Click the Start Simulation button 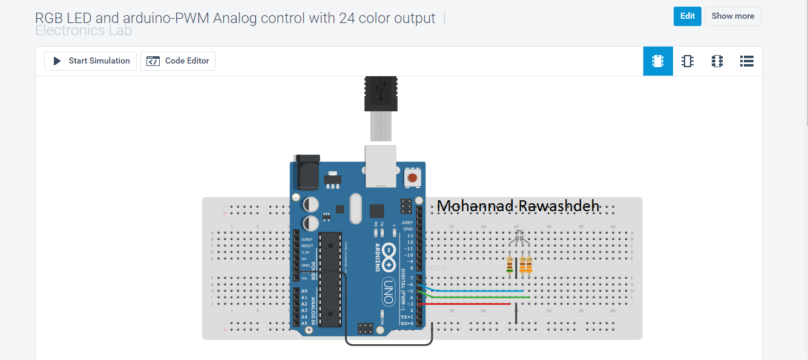[91, 61]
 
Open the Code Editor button [178, 61]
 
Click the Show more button [732, 16]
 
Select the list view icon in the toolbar [746, 61]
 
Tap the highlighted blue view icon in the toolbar [658, 61]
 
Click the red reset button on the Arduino [412, 178]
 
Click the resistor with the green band [510, 264]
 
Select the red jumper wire [466, 304]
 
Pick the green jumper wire [478, 297]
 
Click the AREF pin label [407, 223]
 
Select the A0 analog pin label [304, 291]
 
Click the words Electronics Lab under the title [84, 31]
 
